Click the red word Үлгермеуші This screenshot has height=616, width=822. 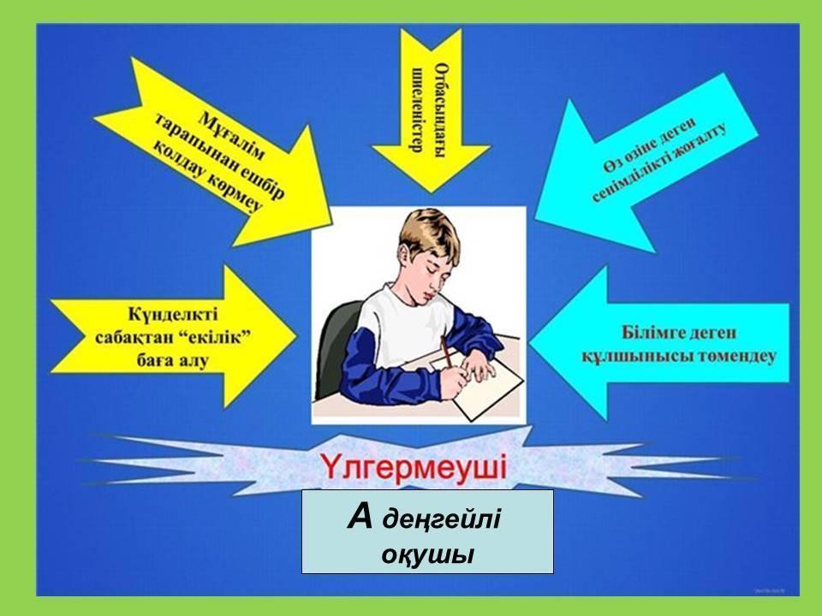pos(414,467)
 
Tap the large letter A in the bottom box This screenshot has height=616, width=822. pos(360,517)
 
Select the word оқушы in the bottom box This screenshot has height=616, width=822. pos(428,554)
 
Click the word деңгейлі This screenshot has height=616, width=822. pos(442,519)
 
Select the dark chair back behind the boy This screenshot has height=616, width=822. pos(337,346)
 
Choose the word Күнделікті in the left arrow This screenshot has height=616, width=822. pos(173,314)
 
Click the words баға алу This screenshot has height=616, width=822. pos(172,360)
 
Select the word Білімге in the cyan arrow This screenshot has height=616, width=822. pos(650,332)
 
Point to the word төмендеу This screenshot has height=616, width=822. pos(737,356)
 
